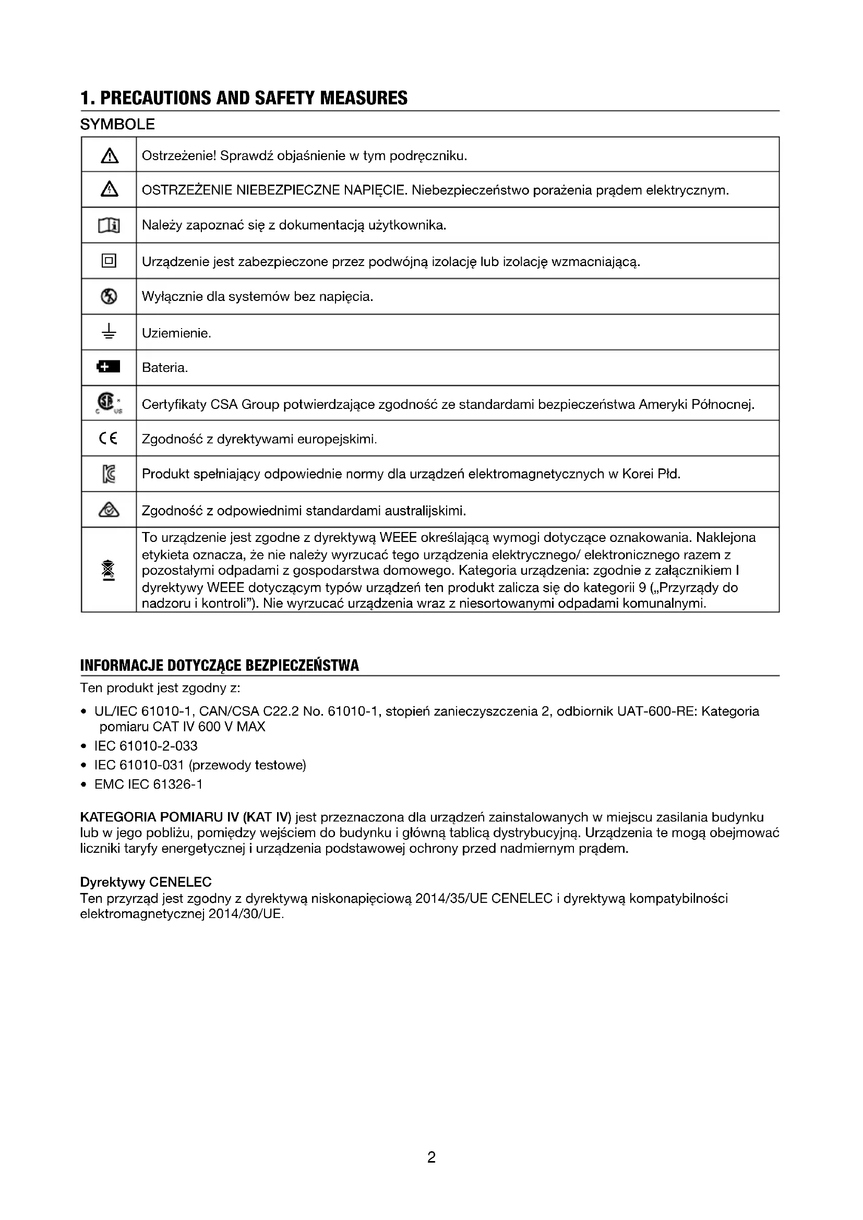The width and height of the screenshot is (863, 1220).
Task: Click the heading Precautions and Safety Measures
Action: tap(244, 98)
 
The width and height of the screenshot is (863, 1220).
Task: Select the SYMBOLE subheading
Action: tap(117, 124)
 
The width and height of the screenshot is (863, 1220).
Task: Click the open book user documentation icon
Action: tap(109, 226)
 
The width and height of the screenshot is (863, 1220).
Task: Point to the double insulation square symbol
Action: tap(109, 261)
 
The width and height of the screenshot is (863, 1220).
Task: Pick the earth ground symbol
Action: tap(109, 332)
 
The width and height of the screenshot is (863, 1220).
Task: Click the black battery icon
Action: tap(109, 367)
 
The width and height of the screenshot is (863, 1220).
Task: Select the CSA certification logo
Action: tap(107, 403)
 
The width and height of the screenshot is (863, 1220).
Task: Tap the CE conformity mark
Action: tap(109, 438)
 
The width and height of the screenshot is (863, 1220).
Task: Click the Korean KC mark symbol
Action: tap(109, 474)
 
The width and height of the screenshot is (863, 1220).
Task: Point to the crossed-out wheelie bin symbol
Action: tap(109, 570)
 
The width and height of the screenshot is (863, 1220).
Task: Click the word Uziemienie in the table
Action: tap(176, 333)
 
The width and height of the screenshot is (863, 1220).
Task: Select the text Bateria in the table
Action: tap(165, 368)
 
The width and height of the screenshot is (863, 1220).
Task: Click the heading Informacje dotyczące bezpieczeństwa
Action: tap(220, 666)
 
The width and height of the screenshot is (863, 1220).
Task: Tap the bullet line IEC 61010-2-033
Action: tap(146, 746)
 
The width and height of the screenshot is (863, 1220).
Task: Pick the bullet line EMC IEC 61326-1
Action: tap(148, 784)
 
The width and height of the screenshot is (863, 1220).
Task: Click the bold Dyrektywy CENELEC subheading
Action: tap(146, 882)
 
